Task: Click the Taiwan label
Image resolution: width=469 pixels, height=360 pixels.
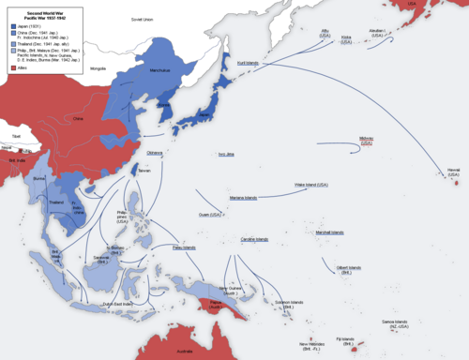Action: [x=144, y=171]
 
